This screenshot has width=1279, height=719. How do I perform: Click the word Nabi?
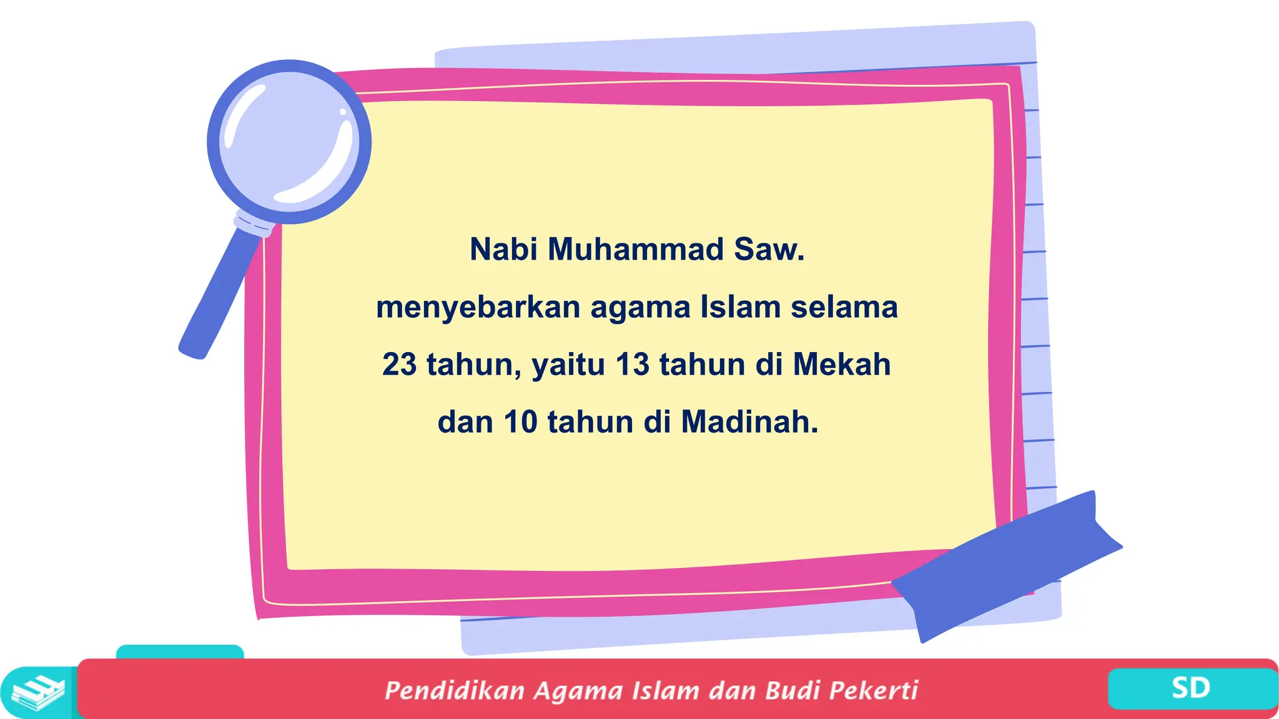[503, 249]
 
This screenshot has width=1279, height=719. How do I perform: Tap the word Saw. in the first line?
[769, 249]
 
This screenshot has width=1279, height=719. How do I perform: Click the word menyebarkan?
[478, 308]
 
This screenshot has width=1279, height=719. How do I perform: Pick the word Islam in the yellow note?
[740, 306]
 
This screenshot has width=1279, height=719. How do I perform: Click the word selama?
[844, 306]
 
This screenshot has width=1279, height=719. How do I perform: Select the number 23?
[399, 364]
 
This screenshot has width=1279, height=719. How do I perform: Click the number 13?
[633, 364]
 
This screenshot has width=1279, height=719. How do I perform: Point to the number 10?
[520, 422]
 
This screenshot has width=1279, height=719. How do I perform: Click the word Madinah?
[749, 422]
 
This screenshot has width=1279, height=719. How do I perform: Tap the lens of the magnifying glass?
[289, 142]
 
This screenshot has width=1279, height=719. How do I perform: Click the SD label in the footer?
[1190, 688]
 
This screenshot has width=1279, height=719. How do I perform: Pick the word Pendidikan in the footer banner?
[454, 690]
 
